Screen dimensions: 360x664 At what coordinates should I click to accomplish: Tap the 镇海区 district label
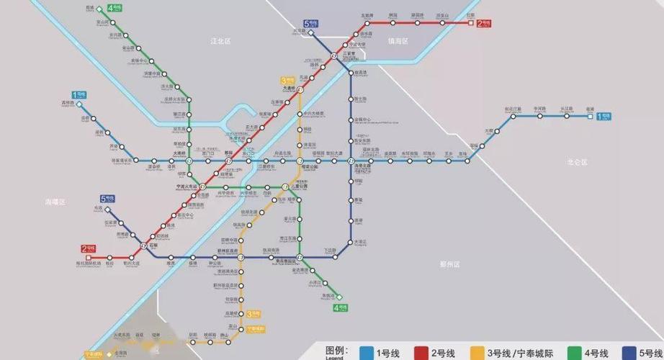398,42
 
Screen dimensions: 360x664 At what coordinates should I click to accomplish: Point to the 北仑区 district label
578,163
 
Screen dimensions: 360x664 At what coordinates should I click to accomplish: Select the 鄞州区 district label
449,264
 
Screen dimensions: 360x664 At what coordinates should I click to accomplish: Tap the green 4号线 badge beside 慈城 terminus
114,9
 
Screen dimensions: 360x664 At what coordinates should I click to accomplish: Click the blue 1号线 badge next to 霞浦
604,116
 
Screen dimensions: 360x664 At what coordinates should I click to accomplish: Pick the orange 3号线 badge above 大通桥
288,81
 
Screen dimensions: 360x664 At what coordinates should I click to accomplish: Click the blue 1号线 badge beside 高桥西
78,95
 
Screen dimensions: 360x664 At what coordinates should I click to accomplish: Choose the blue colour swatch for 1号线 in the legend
367,352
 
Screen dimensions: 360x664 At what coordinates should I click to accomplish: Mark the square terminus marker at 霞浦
590,115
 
